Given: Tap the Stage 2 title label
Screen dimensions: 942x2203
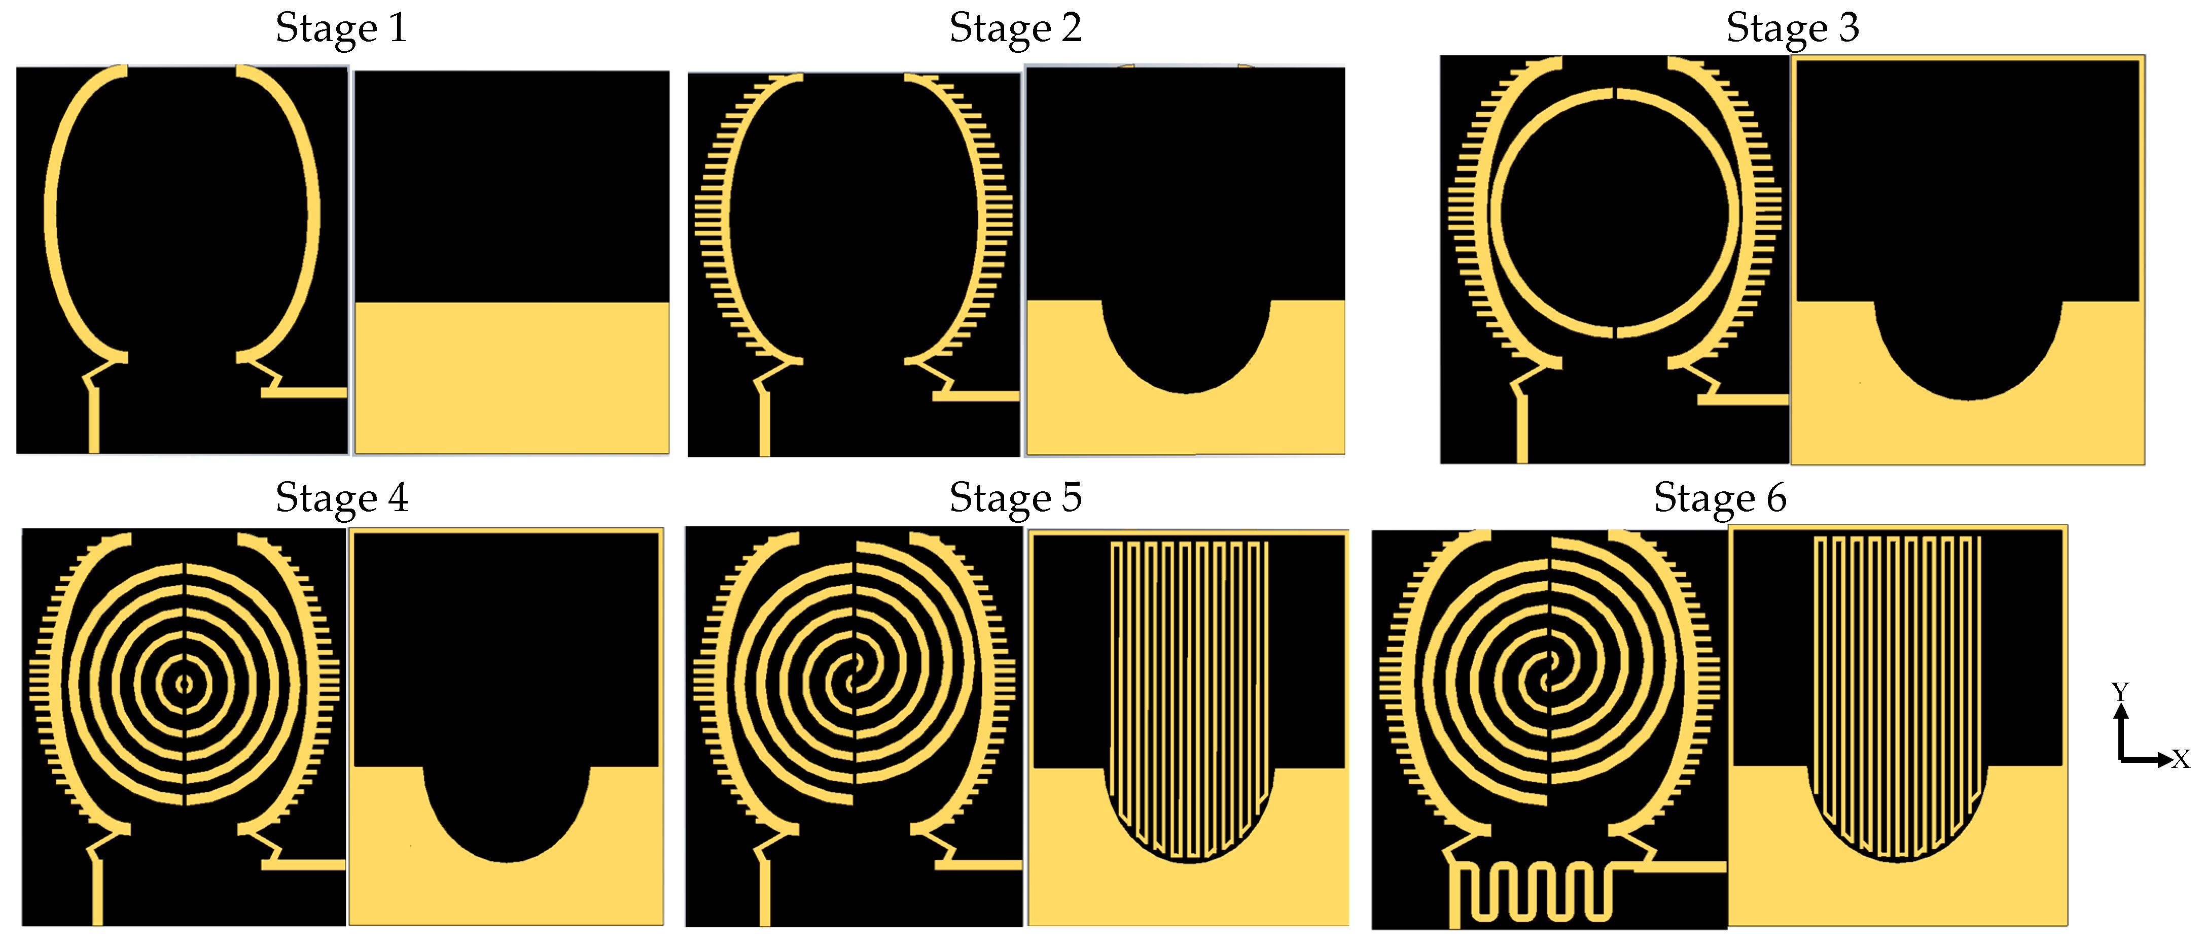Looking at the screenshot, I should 1015,28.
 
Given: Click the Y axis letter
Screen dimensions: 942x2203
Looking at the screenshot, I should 2119,690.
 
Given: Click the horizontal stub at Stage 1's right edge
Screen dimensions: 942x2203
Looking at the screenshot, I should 304,393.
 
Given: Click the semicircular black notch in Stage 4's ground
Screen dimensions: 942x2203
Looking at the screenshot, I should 506,809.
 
